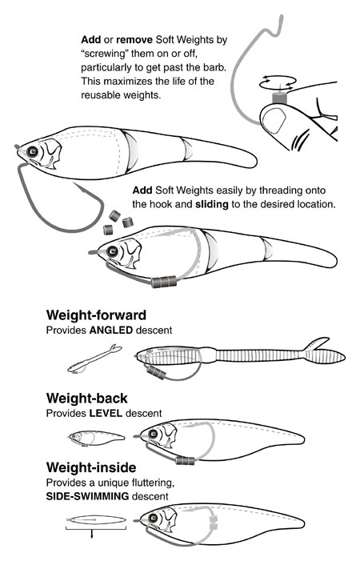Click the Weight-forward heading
pyautogui.click(x=96, y=315)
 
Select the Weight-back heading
pyautogui.click(x=87, y=399)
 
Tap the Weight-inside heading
pyautogui.click(x=91, y=467)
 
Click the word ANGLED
pyautogui.click(x=111, y=330)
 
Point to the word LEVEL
pyautogui.click(x=106, y=413)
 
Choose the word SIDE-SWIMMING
pyautogui.click(x=87, y=496)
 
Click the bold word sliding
pyautogui.click(x=212, y=204)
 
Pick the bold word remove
pyautogui.click(x=134, y=40)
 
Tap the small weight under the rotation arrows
pyautogui.click(x=278, y=98)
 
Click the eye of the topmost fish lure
pyautogui.click(x=33, y=152)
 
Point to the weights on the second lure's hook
pyautogui.click(x=164, y=282)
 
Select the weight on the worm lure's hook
pyautogui.click(x=156, y=373)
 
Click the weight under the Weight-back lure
pyautogui.click(x=185, y=460)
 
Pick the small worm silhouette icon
pyautogui.click(x=94, y=359)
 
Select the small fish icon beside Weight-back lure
pyautogui.click(x=97, y=438)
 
